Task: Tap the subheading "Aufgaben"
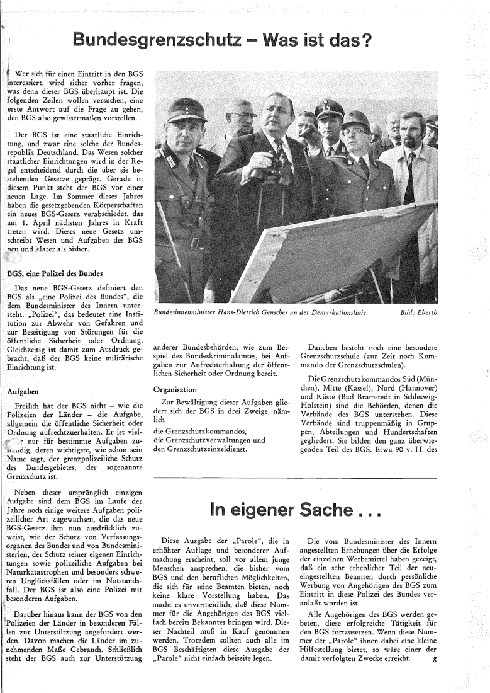[24, 391]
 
